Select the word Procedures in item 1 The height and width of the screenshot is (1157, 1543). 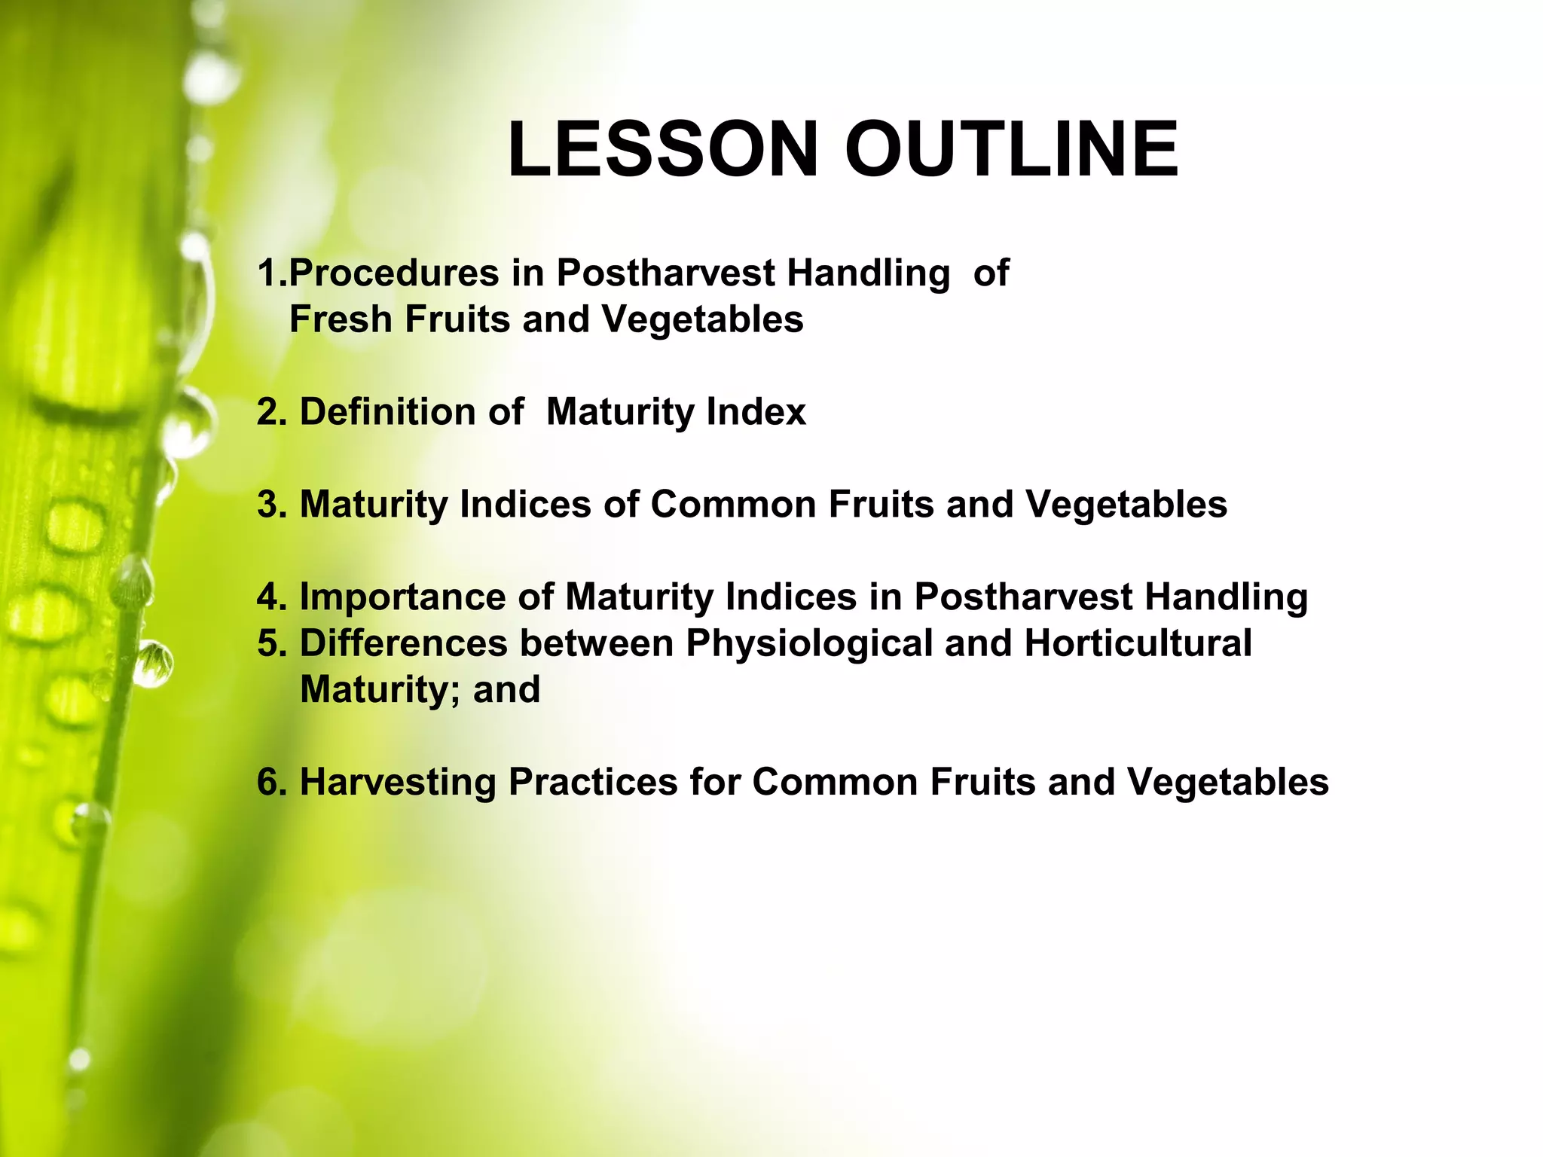coord(394,273)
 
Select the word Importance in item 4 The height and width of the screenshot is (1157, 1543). coord(403,597)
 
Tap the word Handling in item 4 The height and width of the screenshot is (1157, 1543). coord(1226,597)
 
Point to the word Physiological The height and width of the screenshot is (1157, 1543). coord(809,644)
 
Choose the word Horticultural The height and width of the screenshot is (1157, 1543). coord(1138,644)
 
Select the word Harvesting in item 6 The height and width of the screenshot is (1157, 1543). coord(398,783)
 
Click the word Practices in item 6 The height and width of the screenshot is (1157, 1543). coord(593,783)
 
